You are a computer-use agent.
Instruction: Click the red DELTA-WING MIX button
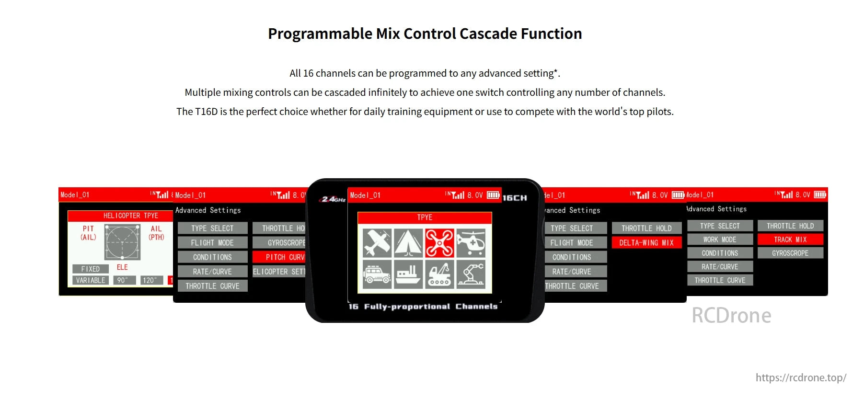coord(646,243)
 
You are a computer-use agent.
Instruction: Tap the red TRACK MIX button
coord(790,240)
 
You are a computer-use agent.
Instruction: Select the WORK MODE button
coord(720,240)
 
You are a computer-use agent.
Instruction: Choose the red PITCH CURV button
coord(279,257)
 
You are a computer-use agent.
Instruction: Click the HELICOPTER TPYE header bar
coord(120,216)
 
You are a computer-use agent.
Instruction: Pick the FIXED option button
coord(91,269)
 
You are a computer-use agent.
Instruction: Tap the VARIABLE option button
coord(91,280)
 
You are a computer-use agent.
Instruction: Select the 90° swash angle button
coord(123,280)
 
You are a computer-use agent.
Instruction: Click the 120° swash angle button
coord(150,280)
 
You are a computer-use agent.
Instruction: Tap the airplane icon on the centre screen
coord(377,243)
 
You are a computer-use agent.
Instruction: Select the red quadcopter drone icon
coord(439,243)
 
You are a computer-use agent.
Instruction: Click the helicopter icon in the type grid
coord(471,243)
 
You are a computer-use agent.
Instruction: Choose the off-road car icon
coord(377,274)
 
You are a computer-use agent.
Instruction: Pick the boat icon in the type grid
coord(408,274)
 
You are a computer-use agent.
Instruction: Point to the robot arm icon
coord(471,274)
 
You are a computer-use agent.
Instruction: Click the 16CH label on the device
coord(515,198)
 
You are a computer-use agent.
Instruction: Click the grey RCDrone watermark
coord(731,316)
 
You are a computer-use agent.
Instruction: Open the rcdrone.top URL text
coord(801,377)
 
